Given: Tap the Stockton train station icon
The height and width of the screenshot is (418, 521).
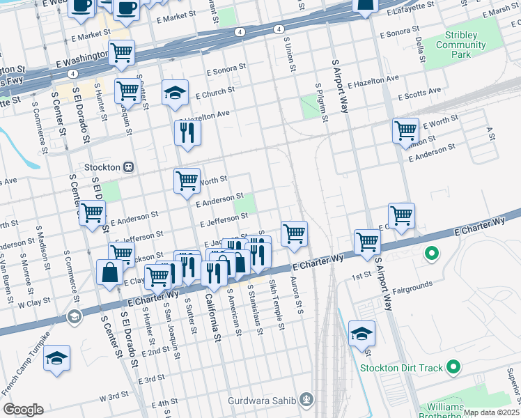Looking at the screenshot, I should (129, 167).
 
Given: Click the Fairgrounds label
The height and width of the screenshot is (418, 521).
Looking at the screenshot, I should (413, 284).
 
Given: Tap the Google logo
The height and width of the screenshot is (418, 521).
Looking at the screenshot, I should (23, 410).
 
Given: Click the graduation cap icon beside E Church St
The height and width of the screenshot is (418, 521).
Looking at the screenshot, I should (175, 92).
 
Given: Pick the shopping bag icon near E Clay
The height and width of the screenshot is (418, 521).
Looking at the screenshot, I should (111, 272).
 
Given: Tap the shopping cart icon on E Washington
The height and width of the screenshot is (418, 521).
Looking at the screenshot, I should (122, 53).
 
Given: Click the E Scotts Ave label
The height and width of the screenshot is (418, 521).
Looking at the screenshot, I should (419, 92).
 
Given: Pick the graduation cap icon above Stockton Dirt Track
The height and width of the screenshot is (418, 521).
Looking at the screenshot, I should (362, 334).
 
